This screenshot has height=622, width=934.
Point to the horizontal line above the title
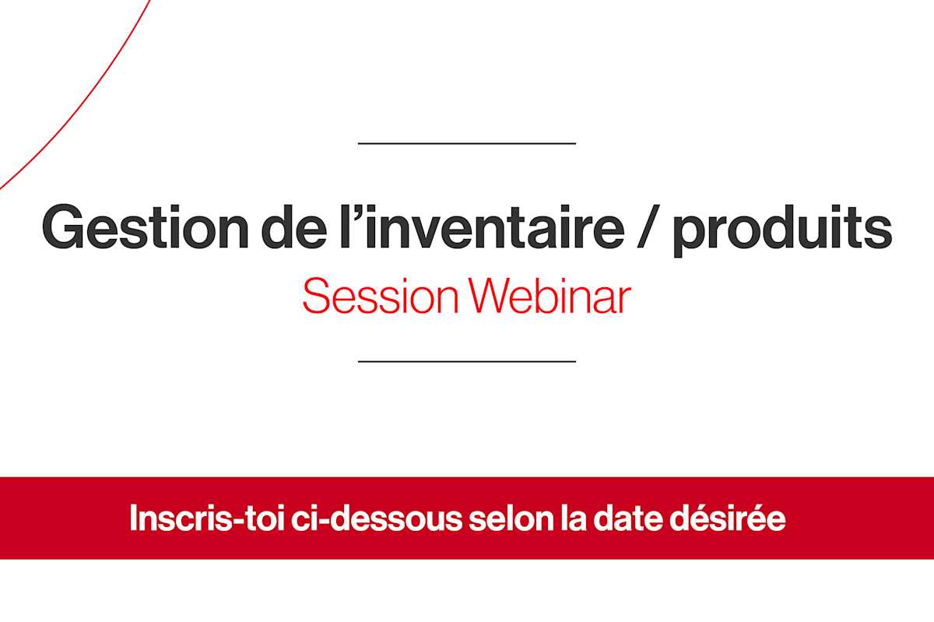[467, 143]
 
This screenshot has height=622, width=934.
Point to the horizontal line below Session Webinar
[467, 361]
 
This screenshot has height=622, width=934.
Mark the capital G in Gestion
[63, 227]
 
